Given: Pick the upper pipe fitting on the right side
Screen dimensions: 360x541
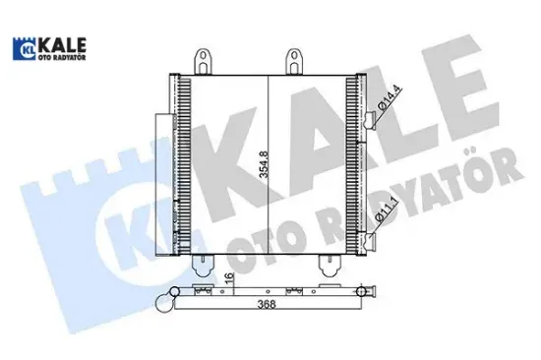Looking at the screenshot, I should click(371, 121).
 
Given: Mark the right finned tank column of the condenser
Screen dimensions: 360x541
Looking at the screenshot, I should click(353, 162).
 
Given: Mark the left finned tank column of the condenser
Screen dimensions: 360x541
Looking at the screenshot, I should click(179, 162).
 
